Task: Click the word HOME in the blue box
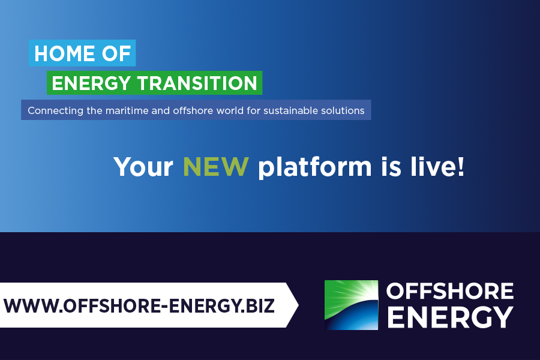[65, 53]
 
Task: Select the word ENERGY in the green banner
[91, 83]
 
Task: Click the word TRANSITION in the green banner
[197, 83]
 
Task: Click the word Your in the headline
[143, 167]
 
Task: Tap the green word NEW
[215, 166]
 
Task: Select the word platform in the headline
[315, 168]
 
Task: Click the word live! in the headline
[437, 166]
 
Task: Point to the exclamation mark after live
[461, 167]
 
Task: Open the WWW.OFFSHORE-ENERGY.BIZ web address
[139, 305]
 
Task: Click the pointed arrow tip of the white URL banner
[298, 305]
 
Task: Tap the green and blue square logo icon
[351, 305]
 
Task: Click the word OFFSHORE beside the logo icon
[450, 291]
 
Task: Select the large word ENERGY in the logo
[451, 317]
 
